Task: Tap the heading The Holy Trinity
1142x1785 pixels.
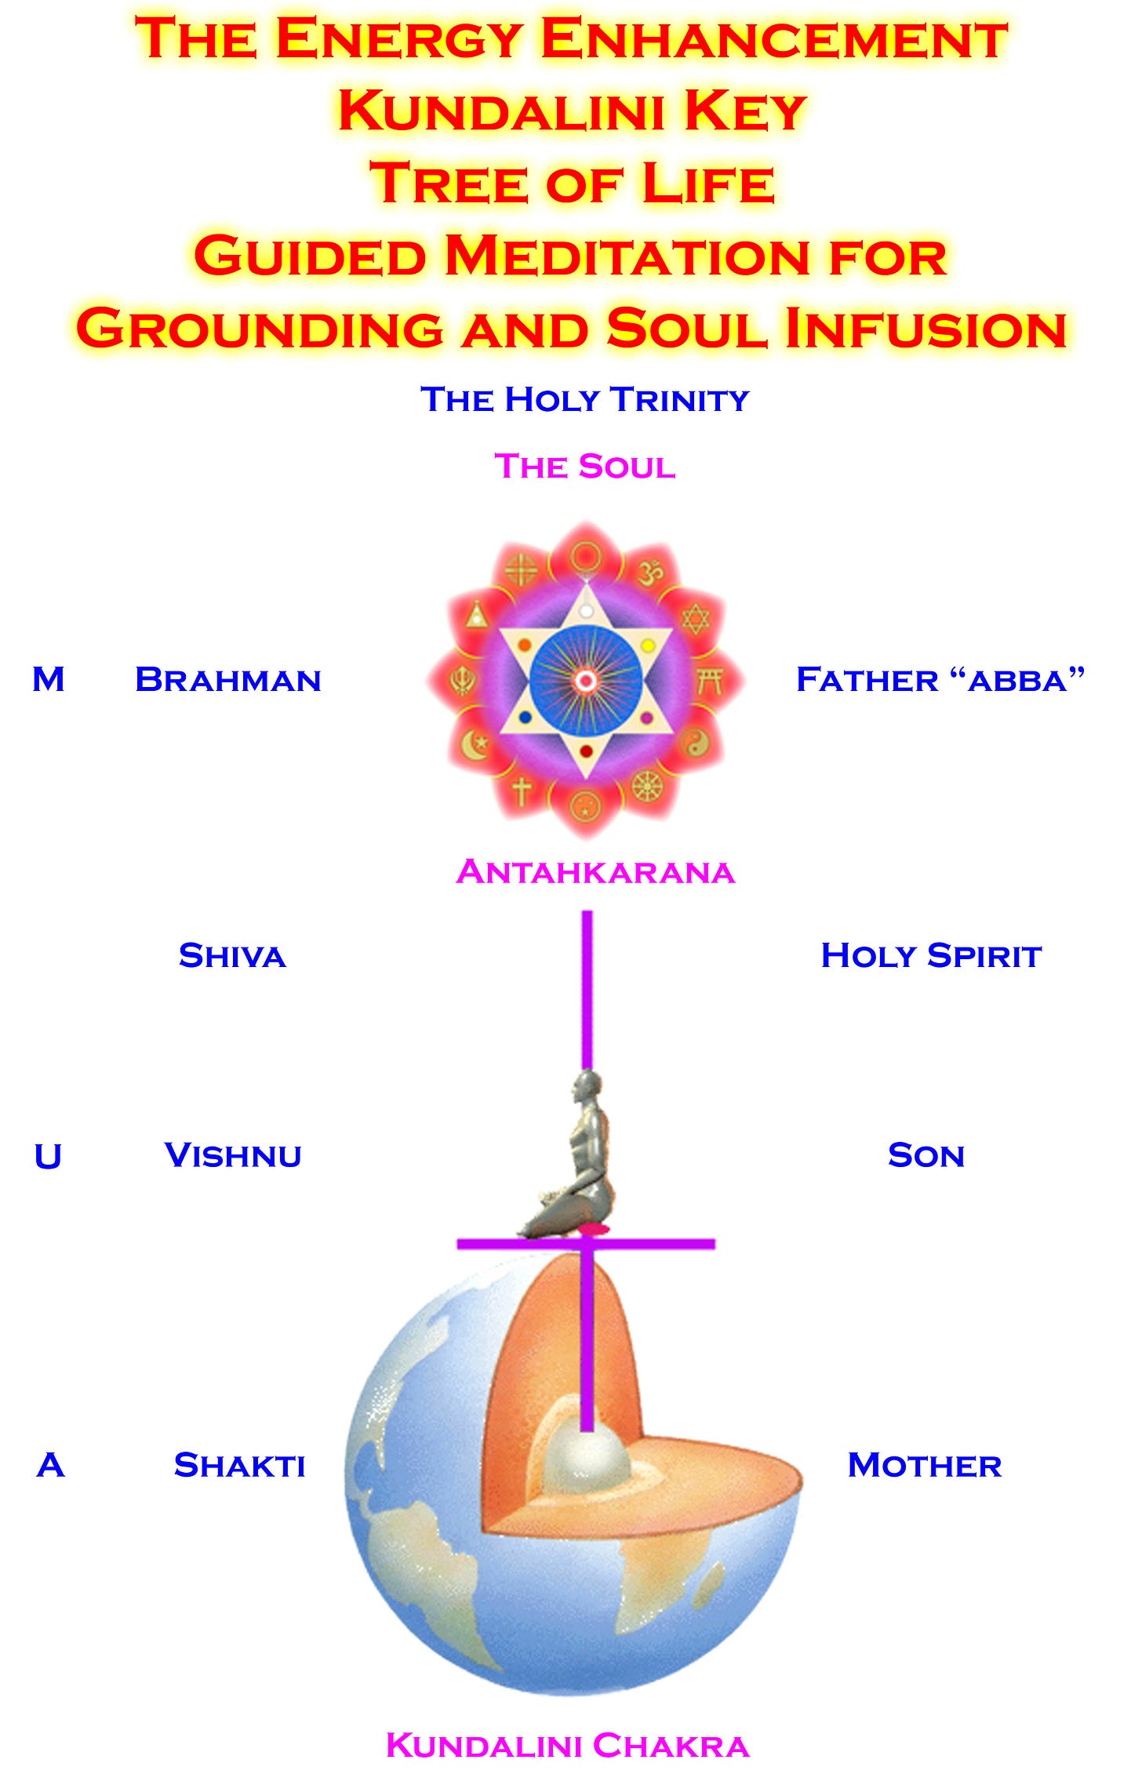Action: tap(585, 399)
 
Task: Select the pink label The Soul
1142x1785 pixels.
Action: tap(585, 467)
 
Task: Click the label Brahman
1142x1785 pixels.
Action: tap(228, 680)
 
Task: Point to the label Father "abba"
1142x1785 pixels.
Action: tap(940, 680)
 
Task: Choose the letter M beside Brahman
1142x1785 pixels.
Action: tap(49, 679)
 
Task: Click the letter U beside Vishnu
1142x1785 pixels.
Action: tap(48, 1156)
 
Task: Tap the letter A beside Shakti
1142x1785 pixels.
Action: tap(50, 1465)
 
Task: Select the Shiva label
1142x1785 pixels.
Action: tap(232, 956)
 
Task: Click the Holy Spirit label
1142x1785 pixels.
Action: tap(931, 956)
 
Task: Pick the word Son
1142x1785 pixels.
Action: tap(926, 1155)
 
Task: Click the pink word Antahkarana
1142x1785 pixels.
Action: tap(595, 872)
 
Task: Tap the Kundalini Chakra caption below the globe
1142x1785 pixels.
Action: tap(568, 1746)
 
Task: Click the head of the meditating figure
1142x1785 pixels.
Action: tap(586, 1086)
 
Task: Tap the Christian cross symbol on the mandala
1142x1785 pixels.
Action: tap(522, 791)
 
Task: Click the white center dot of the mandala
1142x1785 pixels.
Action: tap(585, 681)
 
